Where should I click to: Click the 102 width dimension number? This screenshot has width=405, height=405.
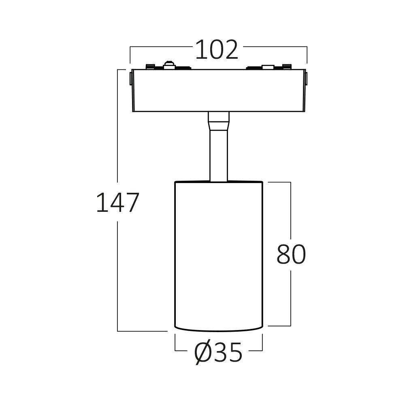tap(217, 50)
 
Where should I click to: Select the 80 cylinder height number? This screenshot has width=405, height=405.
tap(291, 255)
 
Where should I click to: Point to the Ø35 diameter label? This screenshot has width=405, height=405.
tap(218, 353)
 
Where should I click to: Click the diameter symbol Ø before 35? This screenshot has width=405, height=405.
tap(203, 353)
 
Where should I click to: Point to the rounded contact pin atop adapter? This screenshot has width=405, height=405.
tap(168, 64)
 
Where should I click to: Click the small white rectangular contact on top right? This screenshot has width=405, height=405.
tap(267, 67)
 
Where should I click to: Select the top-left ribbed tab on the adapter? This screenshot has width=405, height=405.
tap(150, 66)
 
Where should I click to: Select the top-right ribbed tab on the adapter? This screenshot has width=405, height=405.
tap(287, 66)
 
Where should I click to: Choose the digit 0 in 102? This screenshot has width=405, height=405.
tap(217, 50)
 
